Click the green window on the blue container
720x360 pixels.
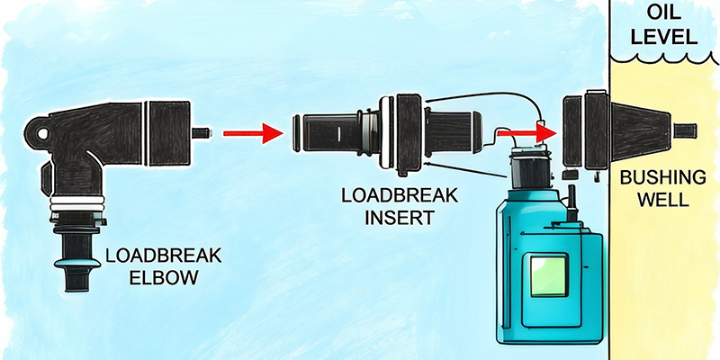click(x=549, y=274)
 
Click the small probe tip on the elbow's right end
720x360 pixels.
click(x=203, y=133)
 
